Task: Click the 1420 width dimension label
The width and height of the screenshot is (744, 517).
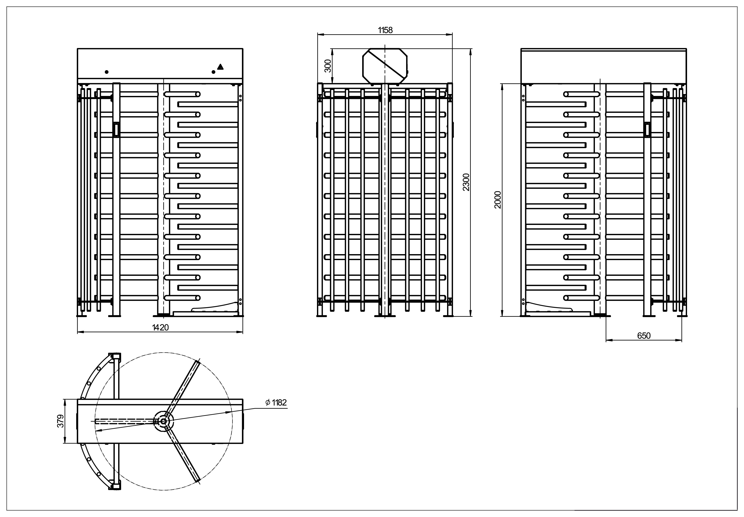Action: (x=160, y=327)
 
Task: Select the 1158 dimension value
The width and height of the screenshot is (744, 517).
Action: (x=385, y=30)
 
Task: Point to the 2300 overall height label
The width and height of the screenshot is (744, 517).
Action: (x=466, y=182)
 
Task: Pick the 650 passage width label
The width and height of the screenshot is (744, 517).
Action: (x=644, y=336)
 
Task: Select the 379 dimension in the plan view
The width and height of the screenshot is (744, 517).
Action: (x=61, y=421)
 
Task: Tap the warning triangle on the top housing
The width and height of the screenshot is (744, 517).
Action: (x=220, y=67)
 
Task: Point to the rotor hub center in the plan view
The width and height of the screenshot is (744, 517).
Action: (x=163, y=421)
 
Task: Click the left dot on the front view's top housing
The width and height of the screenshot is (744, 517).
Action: (x=107, y=72)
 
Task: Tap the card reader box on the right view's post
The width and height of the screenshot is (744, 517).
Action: (x=647, y=130)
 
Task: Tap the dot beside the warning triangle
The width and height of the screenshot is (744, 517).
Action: (x=213, y=72)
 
